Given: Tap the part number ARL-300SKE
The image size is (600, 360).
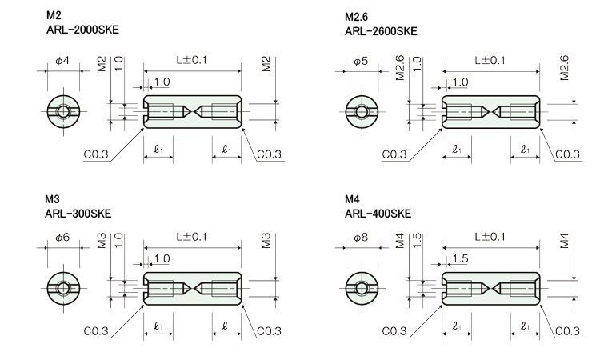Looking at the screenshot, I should pyautogui.click(x=79, y=213).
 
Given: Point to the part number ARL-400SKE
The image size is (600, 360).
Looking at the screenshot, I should pyautogui.click(x=378, y=213).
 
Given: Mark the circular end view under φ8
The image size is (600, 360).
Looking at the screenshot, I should pyautogui.click(x=362, y=287).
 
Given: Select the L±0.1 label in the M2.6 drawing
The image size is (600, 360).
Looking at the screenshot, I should pyautogui.click(x=490, y=60).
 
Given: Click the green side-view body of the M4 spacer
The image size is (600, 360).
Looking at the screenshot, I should pyautogui.click(x=490, y=287).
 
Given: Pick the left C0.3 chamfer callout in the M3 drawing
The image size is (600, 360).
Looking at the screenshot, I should pyautogui.click(x=97, y=330).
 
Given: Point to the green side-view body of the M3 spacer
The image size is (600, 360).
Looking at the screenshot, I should pyautogui.click(x=192, y=287).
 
